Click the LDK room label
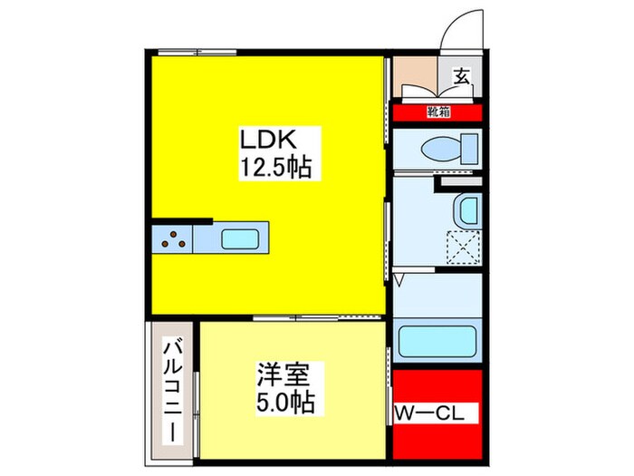click(x=268, y=141)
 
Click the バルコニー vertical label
click(x=169, y=391)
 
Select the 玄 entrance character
click(x=461, y=77)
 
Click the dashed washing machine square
click(x=465, y=247)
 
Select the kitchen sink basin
click(x=240, y=239)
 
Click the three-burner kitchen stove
click(x=172, y=239)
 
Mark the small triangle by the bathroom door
click(x=398, y=279)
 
